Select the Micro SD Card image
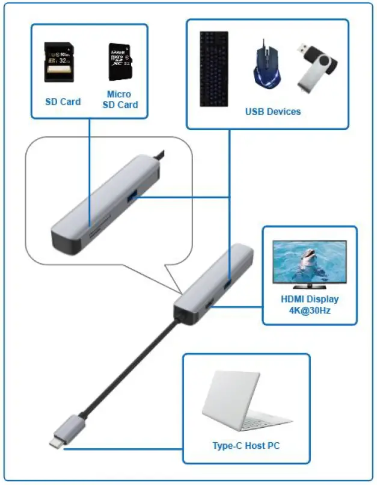(120, 62)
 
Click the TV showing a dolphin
(310, 263)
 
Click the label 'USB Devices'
(272, 111)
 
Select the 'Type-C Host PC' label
(246, 446)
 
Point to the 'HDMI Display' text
(310, 299)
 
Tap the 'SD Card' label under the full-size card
(63, 102)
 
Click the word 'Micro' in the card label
(119, 94)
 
